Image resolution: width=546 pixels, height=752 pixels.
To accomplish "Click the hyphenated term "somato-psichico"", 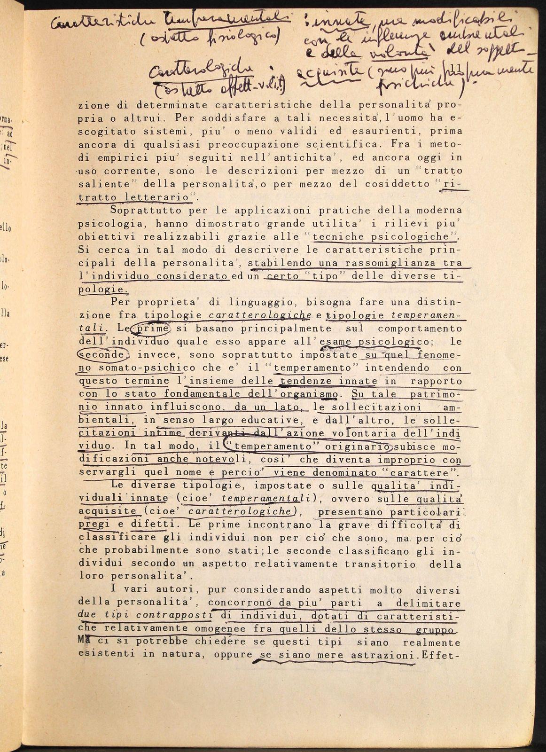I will pos(136,368).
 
